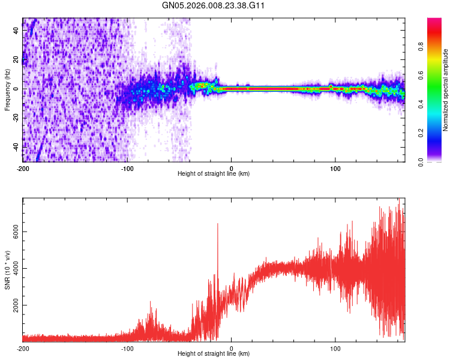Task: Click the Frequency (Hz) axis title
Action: click(7, 90)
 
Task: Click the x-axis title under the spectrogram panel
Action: click(214, 173)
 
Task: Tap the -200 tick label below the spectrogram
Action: click(24, 168)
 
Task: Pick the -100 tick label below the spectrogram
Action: click(127, 168)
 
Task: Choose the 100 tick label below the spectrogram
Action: click(336, 168)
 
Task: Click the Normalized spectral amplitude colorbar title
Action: click(446, 90)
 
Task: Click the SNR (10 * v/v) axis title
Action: click(7, 270)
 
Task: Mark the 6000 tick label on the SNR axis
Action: click(12, 232)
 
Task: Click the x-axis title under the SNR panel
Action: click(214, 353)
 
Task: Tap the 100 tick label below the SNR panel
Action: click(336, 348)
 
